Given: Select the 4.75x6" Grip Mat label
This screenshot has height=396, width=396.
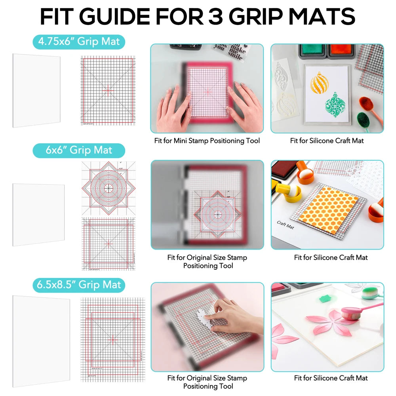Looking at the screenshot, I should pos(79,41).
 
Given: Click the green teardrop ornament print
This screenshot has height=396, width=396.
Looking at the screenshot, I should pos(333,105).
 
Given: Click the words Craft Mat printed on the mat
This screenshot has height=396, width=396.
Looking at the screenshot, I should pos(285,225).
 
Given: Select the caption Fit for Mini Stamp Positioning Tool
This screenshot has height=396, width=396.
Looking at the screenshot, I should pos(207,141).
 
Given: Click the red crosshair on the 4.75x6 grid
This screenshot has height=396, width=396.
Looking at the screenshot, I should pos(107,90).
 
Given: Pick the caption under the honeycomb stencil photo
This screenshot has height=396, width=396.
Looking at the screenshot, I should pos(331,257).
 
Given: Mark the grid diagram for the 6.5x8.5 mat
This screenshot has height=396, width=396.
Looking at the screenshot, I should pos(112,339).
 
